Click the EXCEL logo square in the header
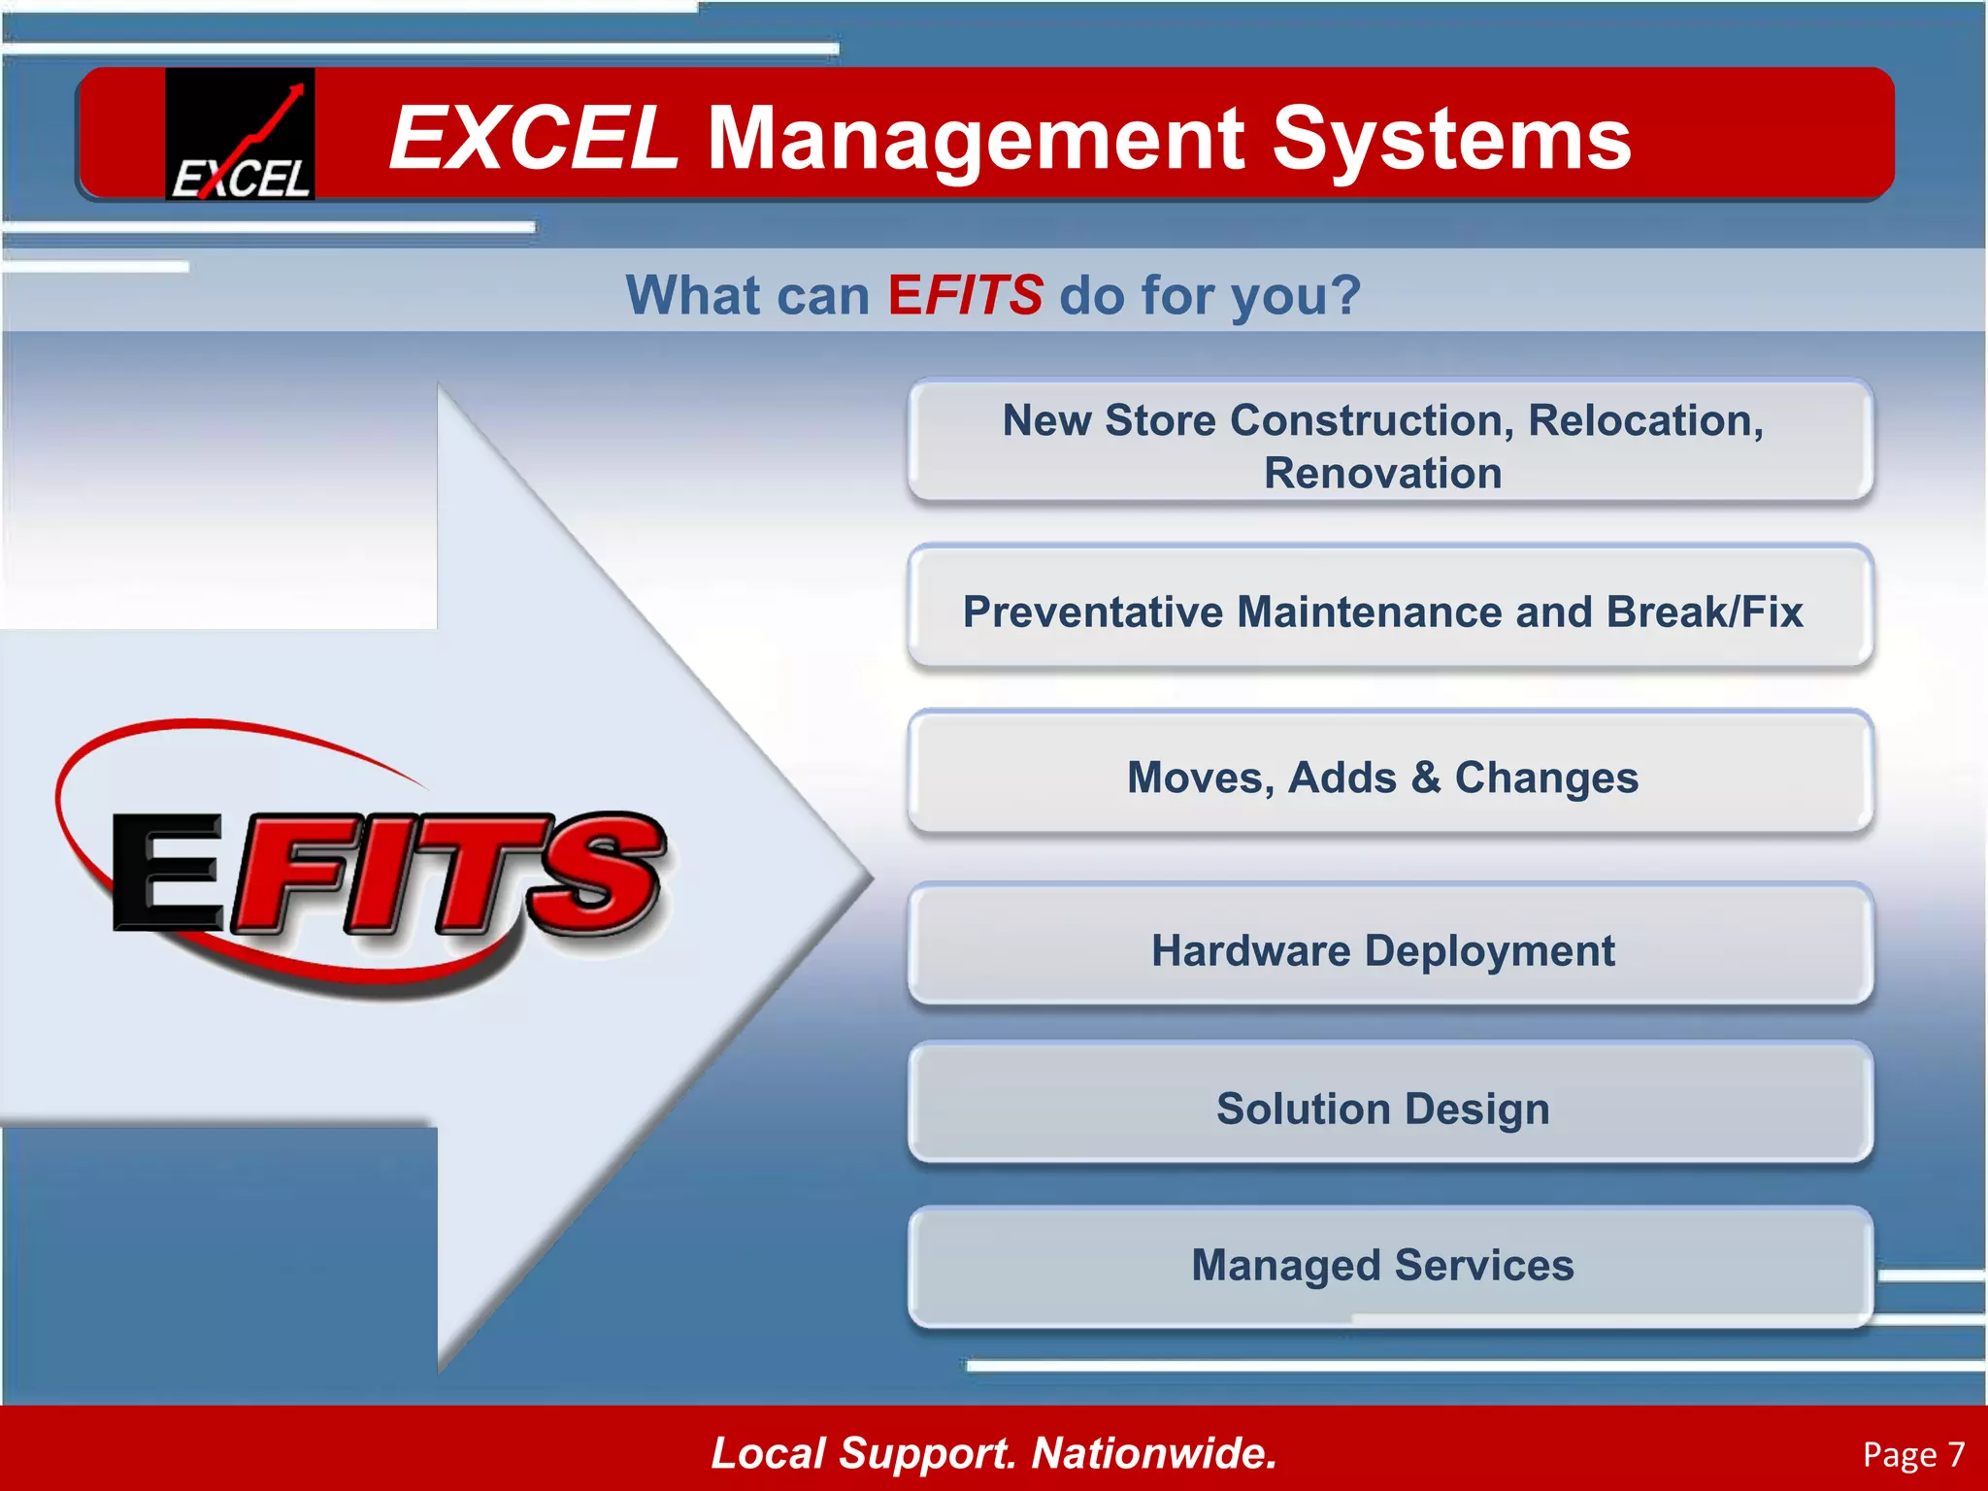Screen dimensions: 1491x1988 coord(240,134)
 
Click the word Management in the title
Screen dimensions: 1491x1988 coord(976,139)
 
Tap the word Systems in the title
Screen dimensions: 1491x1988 coord(1451,139)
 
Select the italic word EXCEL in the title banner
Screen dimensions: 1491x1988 coord(533,139)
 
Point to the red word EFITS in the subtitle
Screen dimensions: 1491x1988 coord(965,295)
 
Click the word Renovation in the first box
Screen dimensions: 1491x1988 coord(1382,474)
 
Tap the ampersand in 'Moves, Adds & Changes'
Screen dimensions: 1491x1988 coord(1426,778)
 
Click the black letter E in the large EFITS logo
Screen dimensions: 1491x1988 coord(167,872)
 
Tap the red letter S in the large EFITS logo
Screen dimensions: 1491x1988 coord(594,874)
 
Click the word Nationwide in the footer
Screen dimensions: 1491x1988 coord(1153,1452)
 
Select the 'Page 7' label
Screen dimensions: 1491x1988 coord(1912,1454)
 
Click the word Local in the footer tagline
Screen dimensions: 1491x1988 coord(768,1452)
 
